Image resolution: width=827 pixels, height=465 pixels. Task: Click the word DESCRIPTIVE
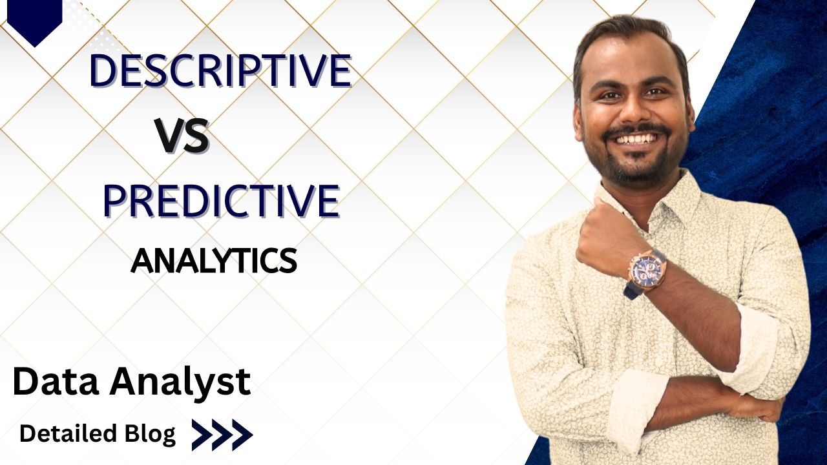pos(220,71)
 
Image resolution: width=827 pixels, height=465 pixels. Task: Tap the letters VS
pos(182,136)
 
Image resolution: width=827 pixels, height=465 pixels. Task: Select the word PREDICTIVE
pos(221,201)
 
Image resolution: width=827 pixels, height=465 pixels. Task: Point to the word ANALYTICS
pos(214,261)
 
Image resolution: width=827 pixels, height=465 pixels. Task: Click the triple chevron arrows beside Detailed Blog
pos(222,435)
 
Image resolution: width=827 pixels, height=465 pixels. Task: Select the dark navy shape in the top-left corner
pos(35,19)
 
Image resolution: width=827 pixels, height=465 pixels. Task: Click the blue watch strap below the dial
pos(633,291)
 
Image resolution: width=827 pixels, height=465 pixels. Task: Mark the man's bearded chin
pos(636,169)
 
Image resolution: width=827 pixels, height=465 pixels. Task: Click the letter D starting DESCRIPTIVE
pos(103,71)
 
